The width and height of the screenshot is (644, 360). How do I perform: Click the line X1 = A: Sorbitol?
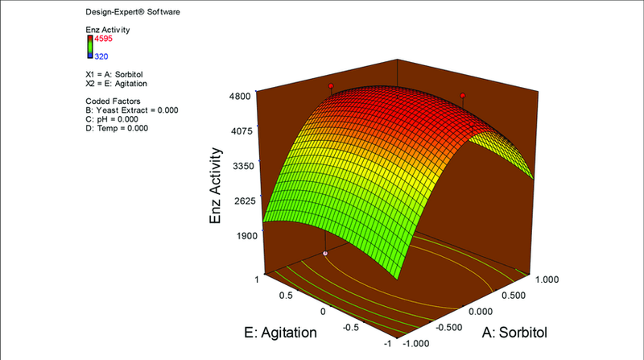(114, 73)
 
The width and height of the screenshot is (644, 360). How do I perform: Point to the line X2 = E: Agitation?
(115, 83)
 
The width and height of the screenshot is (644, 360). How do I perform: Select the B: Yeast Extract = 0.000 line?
(131, 110)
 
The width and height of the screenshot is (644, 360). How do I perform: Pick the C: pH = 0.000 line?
(114, 118)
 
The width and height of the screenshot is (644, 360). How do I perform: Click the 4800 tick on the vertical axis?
(241, 95)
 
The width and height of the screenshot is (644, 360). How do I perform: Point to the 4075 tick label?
(241, 130)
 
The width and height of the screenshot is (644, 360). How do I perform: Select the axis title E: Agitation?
(284, 329)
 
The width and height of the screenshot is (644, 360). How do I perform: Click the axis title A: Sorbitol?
(521, 329)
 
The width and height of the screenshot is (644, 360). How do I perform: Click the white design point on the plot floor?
(326, 253)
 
